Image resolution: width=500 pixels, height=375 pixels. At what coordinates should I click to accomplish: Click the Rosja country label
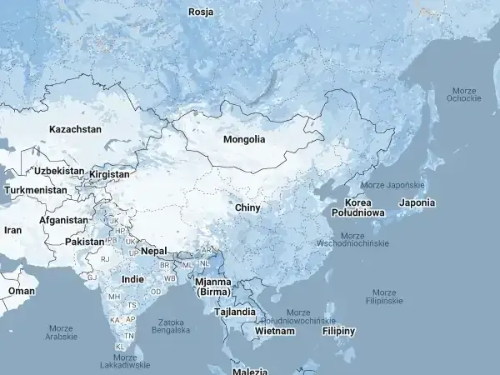tap(201, 12)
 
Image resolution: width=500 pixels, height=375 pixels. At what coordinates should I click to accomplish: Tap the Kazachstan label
tap(75, 129)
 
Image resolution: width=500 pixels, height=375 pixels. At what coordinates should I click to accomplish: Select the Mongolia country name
tap(244, 139)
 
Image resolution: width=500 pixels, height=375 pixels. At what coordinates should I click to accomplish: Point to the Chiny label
tap(247, 207)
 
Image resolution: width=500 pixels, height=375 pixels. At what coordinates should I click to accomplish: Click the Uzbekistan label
tap(59, 171)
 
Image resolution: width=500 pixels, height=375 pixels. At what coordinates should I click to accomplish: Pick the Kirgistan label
tap(109, 175)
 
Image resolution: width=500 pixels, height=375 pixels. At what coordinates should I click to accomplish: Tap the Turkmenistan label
tap(35, 190)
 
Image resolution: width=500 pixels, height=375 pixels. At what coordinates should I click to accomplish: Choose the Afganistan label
tap(63, 220)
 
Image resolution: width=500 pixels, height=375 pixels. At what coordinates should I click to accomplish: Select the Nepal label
tap(153, 250)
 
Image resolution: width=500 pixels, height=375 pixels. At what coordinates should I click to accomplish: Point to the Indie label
tap(132, 279)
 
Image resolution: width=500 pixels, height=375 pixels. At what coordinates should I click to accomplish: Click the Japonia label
tap(417, 202)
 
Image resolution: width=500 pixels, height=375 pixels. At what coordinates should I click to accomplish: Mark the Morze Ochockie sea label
tap(463, 94)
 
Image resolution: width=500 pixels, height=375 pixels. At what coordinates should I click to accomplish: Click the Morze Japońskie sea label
tap(392, 185)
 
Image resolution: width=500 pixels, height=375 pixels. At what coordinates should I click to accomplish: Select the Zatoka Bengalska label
tap(170, 325)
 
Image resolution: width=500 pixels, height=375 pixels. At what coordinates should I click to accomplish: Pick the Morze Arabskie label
tap(61, 332)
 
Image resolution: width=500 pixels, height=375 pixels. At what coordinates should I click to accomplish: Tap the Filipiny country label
tap(338, 331)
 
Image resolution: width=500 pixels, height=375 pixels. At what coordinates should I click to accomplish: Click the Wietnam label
tap(275, 331)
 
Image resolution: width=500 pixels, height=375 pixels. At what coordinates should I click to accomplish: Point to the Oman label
tap(22, 291)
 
